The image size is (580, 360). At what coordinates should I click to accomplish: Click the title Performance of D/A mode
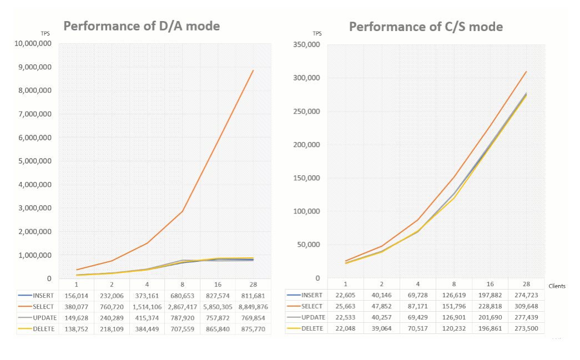tap(142, 26)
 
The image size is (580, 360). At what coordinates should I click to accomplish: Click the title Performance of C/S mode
tap(426, 27)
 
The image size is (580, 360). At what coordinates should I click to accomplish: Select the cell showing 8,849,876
tap(253, 306)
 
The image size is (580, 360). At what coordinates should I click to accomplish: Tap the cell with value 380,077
tap(76, 306)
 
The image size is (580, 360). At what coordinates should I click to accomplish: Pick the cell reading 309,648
tap(526, 306)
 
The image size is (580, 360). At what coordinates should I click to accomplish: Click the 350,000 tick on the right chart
tap(306, 44)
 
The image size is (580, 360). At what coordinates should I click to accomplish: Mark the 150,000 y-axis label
tap(306, 178)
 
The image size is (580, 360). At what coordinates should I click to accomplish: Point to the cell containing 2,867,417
tap(182, 306)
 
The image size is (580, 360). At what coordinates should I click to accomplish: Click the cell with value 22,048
tap(346, 328)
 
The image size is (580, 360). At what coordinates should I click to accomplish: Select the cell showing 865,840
tap(218, 328)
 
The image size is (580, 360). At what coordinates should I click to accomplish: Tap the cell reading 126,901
tap(454, 317)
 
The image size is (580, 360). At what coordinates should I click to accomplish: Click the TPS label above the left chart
tap(46, 34)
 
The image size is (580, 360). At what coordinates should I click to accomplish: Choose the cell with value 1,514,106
tap(147, 306)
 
